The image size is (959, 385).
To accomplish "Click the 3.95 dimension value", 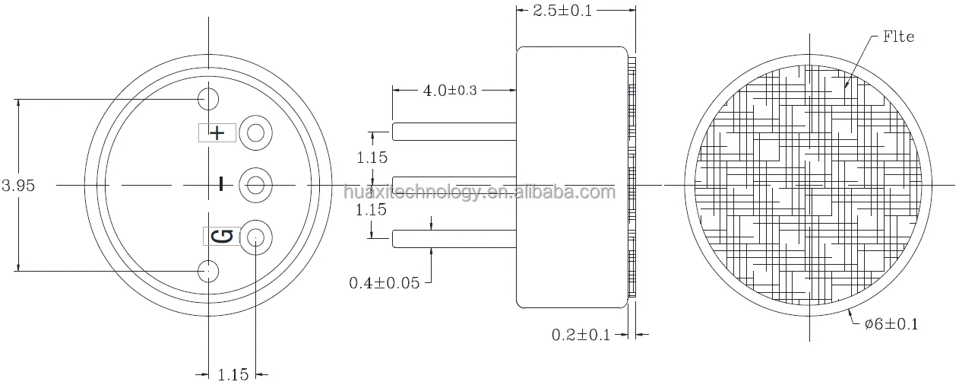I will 19,186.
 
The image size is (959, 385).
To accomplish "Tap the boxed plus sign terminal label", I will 217,133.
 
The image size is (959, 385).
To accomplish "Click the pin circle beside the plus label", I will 256,134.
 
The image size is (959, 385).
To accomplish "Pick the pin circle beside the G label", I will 256,237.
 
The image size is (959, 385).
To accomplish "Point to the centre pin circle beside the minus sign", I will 256,185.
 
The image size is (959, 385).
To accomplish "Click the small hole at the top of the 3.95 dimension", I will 208,98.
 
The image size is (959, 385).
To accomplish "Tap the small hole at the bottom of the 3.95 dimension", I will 208,269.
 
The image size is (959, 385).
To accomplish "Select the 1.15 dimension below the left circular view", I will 233,374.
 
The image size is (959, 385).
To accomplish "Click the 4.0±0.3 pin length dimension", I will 450,90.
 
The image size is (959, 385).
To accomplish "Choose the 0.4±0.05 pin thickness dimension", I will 384,283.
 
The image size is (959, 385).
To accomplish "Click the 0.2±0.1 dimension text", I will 581,334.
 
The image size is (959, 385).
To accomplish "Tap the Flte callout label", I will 898,37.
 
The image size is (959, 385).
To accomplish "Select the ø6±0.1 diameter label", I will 891,324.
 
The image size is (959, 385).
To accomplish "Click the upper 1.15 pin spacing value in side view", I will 372,157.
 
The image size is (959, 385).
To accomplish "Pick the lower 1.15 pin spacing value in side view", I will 372,211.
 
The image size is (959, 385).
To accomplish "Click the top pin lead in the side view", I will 454,131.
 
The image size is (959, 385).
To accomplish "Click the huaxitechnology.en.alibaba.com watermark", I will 479,192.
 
